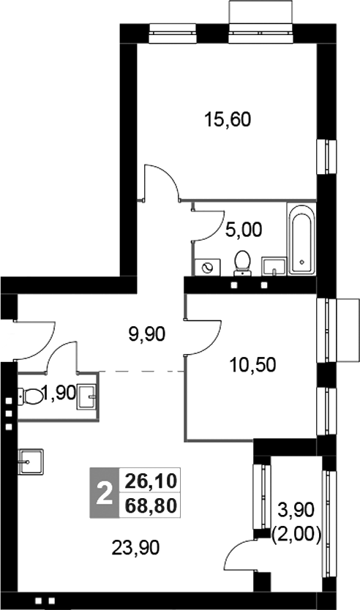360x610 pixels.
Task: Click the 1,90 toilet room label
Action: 59,394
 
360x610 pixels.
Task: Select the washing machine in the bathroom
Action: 207,267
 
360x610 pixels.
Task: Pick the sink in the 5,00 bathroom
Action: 274,265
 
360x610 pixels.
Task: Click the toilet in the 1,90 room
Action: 32,396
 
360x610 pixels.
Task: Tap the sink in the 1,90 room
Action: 87,397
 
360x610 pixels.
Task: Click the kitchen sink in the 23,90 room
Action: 31,460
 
